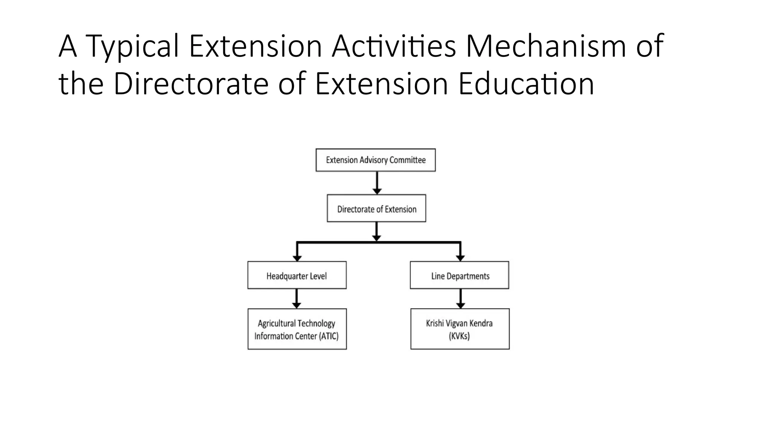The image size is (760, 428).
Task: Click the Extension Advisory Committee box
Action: (376, 160)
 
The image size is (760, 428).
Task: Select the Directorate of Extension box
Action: (376, 208)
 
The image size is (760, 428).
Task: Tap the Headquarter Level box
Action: (297, 275)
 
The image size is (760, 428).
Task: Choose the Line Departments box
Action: (459, 275)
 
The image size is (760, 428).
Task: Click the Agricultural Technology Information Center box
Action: (297, 329)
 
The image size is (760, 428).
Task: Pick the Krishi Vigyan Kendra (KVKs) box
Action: (460, 329)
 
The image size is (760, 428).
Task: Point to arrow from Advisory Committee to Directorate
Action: (377, 182)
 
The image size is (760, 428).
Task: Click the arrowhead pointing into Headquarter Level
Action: (297, 258)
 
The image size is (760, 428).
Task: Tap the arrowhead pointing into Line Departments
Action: (460, 258)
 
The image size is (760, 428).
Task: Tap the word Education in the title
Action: (526, 84)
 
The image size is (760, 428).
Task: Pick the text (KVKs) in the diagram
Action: (459, 336)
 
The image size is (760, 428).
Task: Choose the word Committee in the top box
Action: (407, 160)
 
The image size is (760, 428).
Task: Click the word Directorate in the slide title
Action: (191, 84)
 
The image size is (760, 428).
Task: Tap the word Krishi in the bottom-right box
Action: (435, 323)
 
